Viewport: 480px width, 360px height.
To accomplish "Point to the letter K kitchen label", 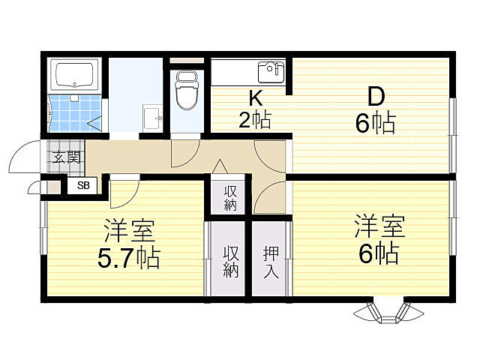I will (255, 97).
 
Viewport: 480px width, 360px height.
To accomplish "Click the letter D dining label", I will (375, 97).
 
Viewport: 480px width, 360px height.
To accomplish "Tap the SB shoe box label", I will (81, 184).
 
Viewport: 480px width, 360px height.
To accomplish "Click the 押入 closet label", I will (270, 262).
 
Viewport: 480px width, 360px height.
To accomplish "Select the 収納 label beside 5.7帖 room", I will (230, 262).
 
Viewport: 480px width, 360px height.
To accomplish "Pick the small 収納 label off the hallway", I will (230, 197).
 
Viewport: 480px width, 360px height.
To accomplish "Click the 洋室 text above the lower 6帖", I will (379, 224).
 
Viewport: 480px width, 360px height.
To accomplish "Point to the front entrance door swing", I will (22, 157).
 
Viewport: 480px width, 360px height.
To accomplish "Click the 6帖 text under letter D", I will (375, 122).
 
